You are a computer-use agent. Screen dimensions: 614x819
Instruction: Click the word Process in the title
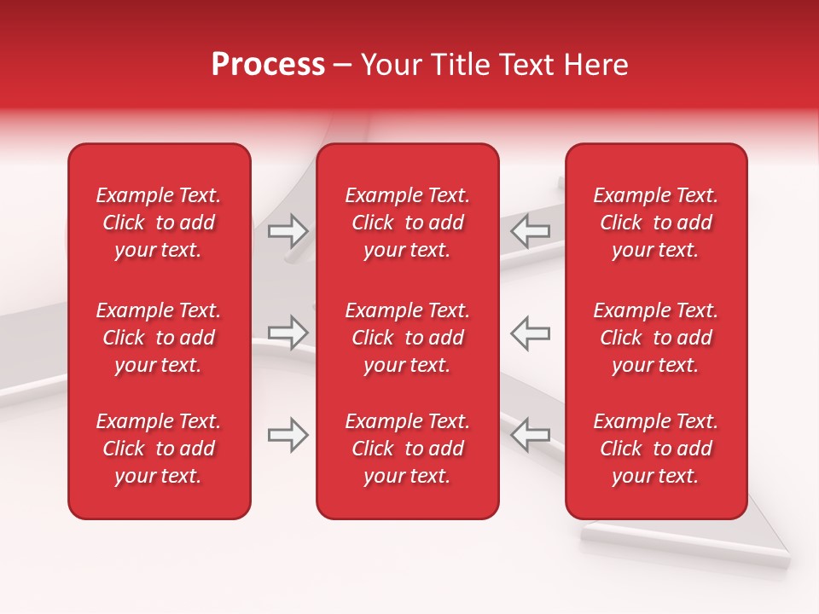click(268, 65)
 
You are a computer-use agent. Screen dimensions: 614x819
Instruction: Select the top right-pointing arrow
click(288, 230)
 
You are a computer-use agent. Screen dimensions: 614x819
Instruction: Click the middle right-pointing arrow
click(288, 333)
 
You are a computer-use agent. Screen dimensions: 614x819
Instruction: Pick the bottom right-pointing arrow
click(288, 435)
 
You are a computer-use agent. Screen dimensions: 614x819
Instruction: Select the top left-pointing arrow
click(531, 230)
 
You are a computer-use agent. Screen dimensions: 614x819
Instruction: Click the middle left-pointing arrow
click(531, 333)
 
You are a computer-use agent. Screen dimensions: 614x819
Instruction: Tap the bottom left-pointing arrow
click(531, 435)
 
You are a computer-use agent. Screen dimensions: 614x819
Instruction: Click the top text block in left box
click(159, 223)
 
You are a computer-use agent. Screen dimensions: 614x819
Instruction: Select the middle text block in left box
click(159, 338)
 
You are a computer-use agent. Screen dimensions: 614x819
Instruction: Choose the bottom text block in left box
click(159, 449)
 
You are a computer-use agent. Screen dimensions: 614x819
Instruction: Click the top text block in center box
click(407, 223)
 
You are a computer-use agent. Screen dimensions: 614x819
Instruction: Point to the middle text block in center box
click(407, 338)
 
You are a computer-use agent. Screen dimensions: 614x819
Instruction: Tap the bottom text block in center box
click(407, 449)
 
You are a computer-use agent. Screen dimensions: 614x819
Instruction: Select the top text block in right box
click(655, 223)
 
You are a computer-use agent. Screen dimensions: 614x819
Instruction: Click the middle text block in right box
click(655, 338)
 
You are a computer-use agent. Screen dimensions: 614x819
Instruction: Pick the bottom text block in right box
click(655, 449)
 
